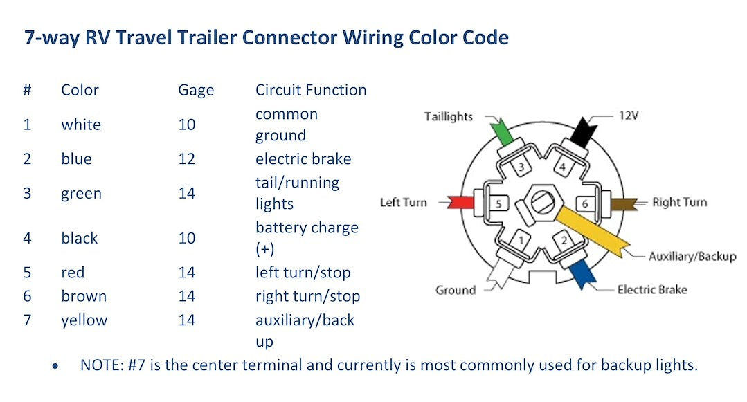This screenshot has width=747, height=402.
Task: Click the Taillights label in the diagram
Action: (448, 116)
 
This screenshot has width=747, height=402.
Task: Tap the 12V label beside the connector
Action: (628, 115)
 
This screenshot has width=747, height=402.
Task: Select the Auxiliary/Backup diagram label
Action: (692, 256)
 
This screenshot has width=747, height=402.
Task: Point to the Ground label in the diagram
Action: (455, 290)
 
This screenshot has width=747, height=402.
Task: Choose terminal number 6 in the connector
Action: (584, 204)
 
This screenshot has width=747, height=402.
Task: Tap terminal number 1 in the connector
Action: (521, 240)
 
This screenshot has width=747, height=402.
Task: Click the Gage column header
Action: (196, 91)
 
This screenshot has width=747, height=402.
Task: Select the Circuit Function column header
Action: (311, 90)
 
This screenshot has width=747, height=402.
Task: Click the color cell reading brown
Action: (84, 296)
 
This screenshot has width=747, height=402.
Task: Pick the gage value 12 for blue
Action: (186, 159)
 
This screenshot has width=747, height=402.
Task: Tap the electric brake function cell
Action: (303, 159)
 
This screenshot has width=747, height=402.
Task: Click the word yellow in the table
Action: (84, 320)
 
